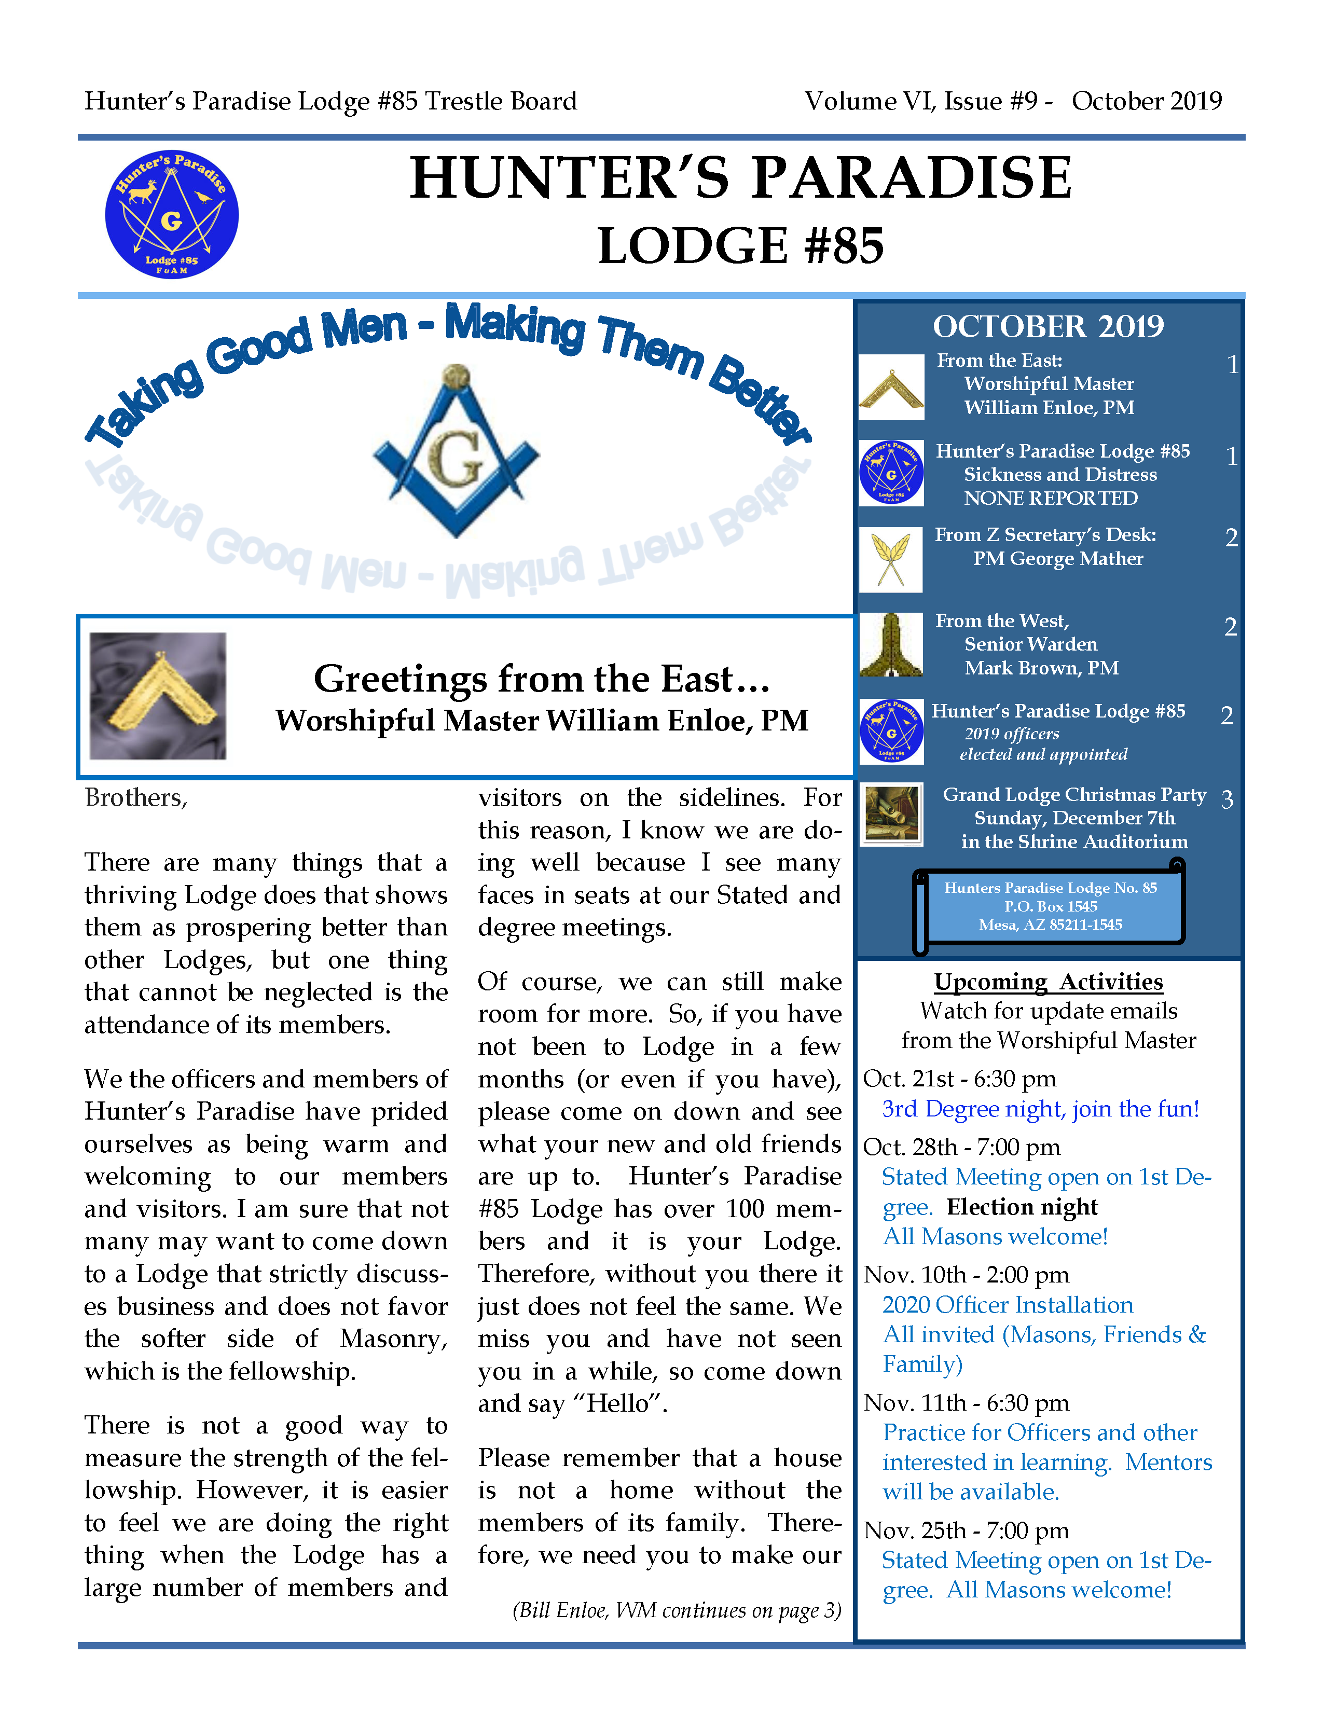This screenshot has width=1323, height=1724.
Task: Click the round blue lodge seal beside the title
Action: point(172,214)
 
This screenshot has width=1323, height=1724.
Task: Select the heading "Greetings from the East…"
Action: point(542,678)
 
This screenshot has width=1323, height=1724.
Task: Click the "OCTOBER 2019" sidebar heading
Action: point(1048,326)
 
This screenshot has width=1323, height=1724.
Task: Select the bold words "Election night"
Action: point(1022,1207)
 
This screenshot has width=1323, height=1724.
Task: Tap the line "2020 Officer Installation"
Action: point(1007,1304)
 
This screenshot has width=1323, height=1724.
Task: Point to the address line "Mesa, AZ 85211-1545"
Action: point(1051,925)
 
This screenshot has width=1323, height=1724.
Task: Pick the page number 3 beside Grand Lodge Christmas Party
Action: point(1227,800)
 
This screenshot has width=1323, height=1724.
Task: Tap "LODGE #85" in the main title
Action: point(740,246)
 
